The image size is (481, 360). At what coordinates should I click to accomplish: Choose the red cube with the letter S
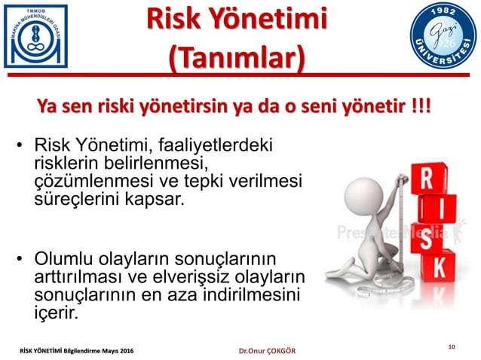click(x=427, y=239)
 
